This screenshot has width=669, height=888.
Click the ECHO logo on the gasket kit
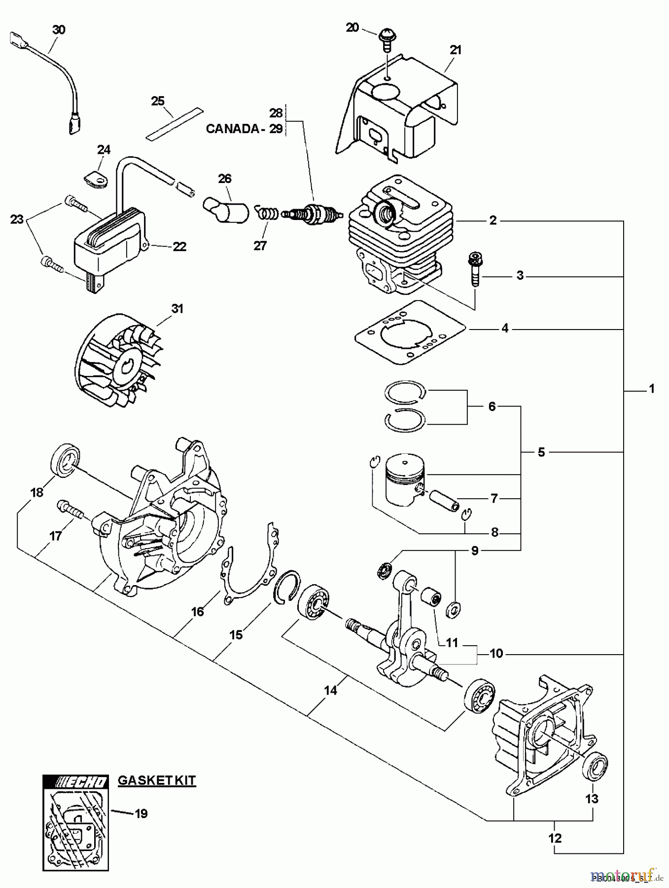[74, 782]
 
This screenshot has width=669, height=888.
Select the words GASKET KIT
[157, 780]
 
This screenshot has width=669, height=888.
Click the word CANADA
[233, 129]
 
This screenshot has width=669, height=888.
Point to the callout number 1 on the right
[651, 389]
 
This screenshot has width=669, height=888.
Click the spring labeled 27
[267, 214]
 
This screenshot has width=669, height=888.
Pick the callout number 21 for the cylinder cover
[455, 50]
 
